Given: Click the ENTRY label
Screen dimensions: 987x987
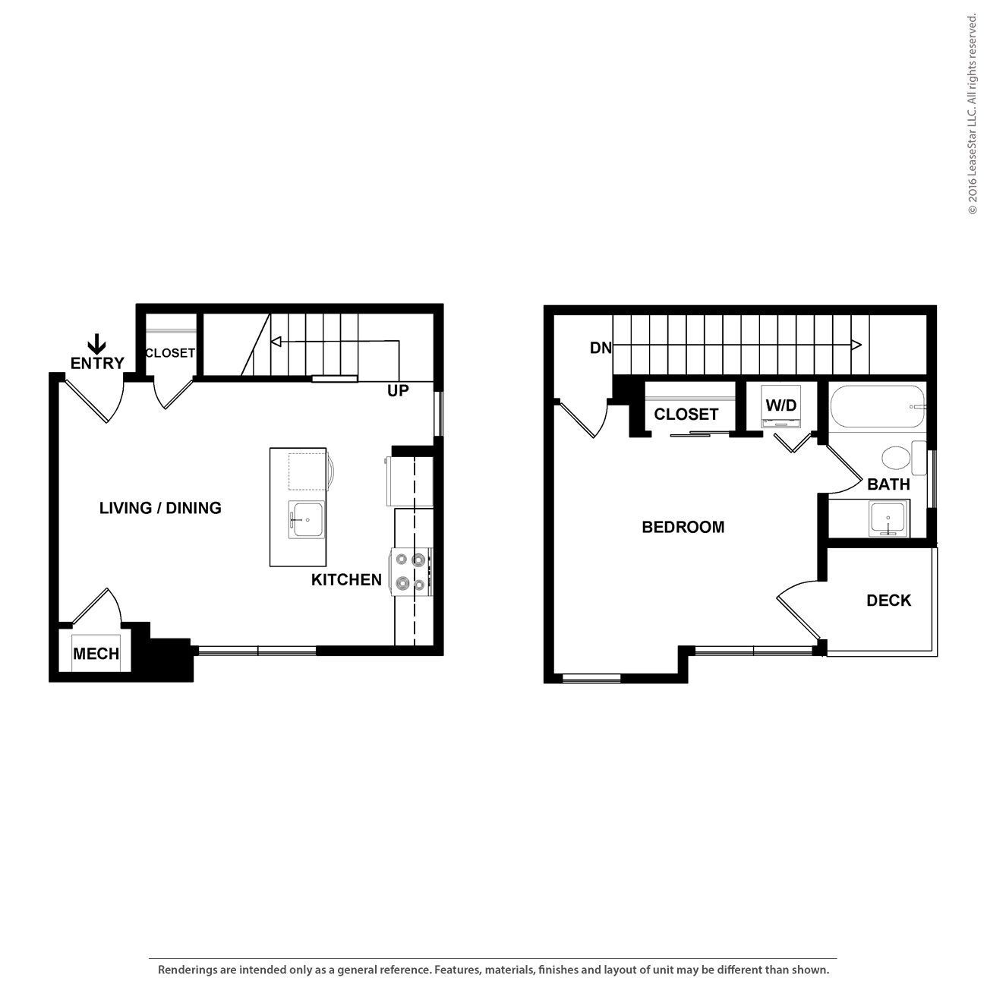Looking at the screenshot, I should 96,363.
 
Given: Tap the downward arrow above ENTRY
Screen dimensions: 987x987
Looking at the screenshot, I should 96,342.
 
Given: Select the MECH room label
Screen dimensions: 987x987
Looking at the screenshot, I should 96,654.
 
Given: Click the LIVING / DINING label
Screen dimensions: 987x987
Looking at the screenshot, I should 160,508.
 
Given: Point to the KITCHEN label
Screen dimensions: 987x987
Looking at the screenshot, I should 346,580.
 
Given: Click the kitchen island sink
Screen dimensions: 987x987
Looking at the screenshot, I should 307,520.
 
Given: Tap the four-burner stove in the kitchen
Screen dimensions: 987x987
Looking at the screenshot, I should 410,572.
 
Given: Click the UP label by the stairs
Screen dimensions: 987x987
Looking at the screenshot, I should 398,391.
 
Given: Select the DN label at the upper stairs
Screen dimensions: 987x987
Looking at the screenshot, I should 601,348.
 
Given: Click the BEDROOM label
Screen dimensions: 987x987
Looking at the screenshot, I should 683,527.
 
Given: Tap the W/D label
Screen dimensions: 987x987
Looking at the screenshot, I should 781,405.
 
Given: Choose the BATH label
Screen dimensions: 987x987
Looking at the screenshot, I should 888,484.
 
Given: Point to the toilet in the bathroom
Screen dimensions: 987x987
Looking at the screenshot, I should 900,458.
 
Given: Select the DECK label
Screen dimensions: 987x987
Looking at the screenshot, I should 889,601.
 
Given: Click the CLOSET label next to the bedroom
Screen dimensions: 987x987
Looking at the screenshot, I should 686,415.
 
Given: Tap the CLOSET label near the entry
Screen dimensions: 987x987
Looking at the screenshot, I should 170,353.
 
